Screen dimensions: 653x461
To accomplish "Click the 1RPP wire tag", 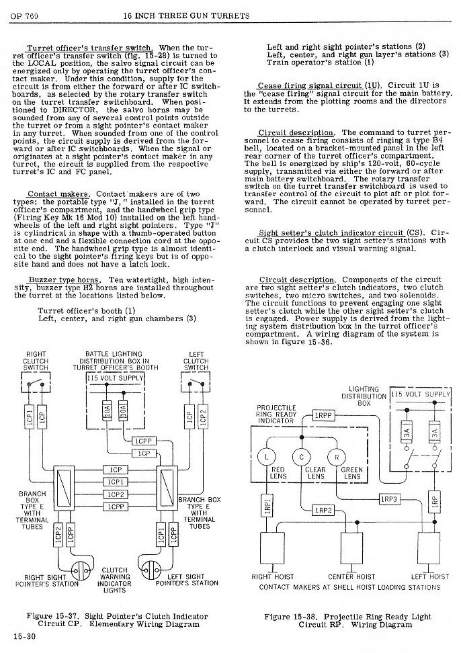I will (323, 415).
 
